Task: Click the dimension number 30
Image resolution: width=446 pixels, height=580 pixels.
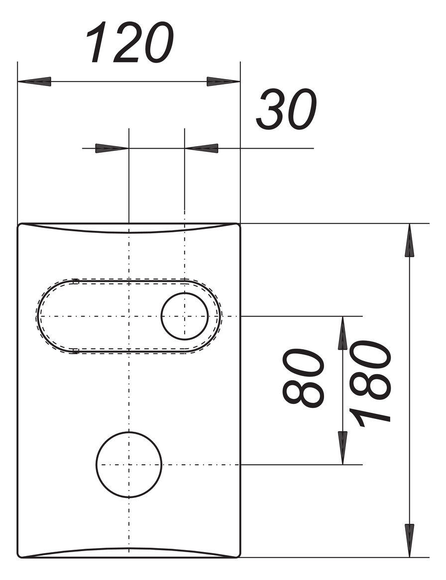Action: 286,109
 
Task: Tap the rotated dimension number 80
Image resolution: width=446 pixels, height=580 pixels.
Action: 303,378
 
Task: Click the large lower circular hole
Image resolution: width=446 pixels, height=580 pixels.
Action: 129,465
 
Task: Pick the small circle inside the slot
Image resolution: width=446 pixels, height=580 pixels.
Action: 185,316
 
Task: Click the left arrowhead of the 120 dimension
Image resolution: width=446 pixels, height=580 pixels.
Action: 35,82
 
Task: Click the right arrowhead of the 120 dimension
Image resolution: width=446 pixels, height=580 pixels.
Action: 223,82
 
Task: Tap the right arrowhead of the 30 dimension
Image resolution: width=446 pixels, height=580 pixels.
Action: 202,148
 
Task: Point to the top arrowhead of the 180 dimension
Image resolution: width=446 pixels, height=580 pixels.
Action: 409,241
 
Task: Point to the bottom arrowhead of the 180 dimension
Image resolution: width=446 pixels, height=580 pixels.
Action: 409,540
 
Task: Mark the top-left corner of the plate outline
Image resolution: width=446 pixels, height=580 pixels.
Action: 19,225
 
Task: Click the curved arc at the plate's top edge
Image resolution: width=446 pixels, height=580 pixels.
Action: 129,232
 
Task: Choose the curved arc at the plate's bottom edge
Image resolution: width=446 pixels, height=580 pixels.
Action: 129,549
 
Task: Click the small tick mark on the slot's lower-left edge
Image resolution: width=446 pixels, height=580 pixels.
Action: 75,352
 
